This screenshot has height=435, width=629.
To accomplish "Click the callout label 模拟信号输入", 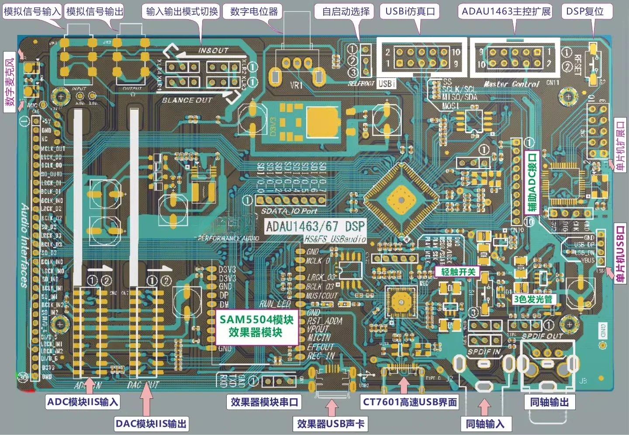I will point(32,11).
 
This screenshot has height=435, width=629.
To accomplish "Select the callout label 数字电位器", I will point(254,11).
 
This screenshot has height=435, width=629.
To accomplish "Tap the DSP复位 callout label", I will point(585,11).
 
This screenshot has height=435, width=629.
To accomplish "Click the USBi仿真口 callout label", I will point(410,11).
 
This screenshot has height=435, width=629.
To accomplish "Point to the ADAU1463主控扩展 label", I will point(506,11).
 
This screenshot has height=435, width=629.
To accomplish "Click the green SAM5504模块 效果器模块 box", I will point(256,326).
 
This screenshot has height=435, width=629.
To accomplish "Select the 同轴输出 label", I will point(550,402).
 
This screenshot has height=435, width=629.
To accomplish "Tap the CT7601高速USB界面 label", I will point(410,402).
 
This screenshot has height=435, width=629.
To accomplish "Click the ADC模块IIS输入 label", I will point(83,402).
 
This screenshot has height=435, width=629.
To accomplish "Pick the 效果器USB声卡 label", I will point(331,424).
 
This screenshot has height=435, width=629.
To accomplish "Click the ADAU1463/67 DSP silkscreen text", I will point(315,226).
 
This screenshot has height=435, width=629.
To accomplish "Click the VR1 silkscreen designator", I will point(297,85).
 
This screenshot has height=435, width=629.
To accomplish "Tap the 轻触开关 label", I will point(458,272).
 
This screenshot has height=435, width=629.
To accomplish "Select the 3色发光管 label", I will point(533,299).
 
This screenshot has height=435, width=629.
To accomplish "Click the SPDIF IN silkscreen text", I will point(484,352).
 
